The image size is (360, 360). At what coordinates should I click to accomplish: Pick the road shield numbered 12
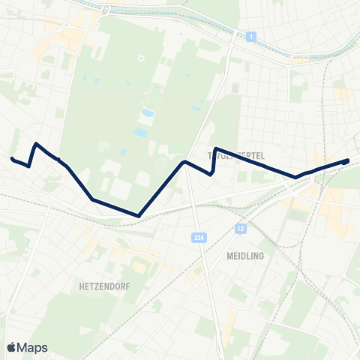pyautogui.click(x=240, y=228)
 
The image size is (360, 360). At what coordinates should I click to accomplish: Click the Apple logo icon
pyautogui.click(x=12, y=347)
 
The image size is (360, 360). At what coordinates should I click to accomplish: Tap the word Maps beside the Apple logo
pyautogui.click(x=33, y=347)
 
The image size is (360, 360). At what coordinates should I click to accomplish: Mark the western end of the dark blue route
pyautogui.click(x=12, y=158)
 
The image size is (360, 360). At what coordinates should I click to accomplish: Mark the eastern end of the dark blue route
pyautogui.click(x=347, y=160)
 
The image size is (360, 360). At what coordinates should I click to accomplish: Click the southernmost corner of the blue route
pyautogui.click(x=139, y=216)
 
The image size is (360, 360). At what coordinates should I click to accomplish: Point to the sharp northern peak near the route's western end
pyautogui.click(x=35, y=143)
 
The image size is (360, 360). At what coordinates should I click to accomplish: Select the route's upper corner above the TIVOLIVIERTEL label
pyautogui.click(x=216, y=148)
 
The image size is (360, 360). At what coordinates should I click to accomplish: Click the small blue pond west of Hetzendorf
pyautogui.click(x=27, y=241)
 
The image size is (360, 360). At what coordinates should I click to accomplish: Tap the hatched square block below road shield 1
pyautogui.click(x=237, y=88)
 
